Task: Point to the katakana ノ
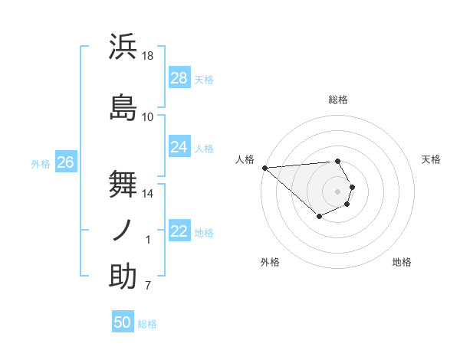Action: [x=123, y=229]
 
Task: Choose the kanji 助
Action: [x=123, y=277]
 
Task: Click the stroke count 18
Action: [x=149, y=56]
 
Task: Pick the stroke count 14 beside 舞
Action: [x=148, y=195]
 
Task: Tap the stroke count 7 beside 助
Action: [x=148, y=286]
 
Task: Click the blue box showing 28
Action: [x=179, y=78]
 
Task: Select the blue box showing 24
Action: [x=179, y=147]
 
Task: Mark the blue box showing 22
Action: [x=179, y=231]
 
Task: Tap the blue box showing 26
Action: [x=65, y=162]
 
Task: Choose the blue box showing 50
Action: [x=123, y=322]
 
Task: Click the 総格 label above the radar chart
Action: [x=338, y=100]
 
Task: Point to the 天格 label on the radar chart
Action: [x=431, y=159]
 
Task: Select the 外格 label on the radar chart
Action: [x=270, y=262]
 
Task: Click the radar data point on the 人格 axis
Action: [x=264, y=168]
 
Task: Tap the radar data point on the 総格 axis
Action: [x=337, y=161]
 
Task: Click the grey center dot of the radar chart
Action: [x=337, y=191]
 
